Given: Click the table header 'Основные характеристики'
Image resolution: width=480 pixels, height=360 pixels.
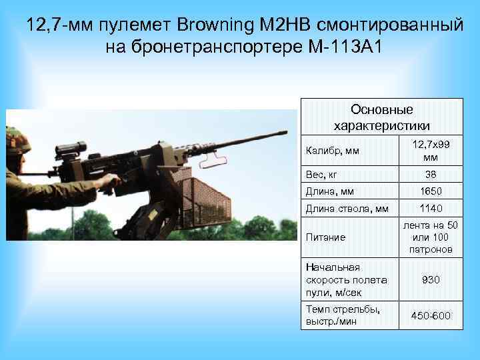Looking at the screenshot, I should pyautogui.click(x=381, y=117).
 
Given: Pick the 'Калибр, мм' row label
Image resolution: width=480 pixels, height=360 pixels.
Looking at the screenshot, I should pyautogui.click(x=333, y=151).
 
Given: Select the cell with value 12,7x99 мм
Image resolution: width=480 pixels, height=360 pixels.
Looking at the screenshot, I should pyautogui.click(x=430, y=151).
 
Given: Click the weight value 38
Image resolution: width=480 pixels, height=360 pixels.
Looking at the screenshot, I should pyautogui.click(x=430, y=174).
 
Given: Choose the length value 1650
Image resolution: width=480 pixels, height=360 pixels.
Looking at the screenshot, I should pyautogui.click(x=430, y=192).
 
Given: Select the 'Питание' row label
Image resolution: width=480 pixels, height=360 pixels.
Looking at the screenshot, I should pyautogui.click(x=326, y=237).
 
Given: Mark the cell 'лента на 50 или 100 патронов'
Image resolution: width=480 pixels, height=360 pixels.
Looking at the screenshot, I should pyautogui.click(x=430, y=237).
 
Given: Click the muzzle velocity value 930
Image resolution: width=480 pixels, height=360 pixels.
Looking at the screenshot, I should pyautogui.click(x=430, y=280).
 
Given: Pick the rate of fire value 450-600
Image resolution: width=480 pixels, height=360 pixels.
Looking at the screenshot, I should pyautogui.click(x=430, y=315).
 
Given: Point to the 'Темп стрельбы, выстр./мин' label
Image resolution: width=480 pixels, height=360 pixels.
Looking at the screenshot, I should pyautogui.click(x=343, y=315).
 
